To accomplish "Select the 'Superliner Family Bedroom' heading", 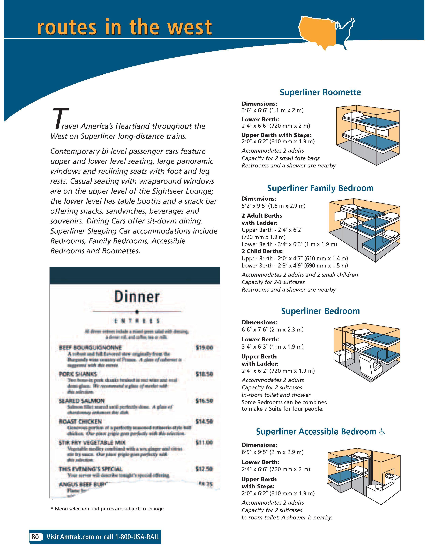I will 320,188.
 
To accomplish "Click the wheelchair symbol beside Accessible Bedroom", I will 382,432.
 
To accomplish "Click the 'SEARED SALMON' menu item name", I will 81,401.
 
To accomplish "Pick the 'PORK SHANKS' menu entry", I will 78,374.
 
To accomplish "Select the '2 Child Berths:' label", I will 258,251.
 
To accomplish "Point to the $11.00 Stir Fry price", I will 204,442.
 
